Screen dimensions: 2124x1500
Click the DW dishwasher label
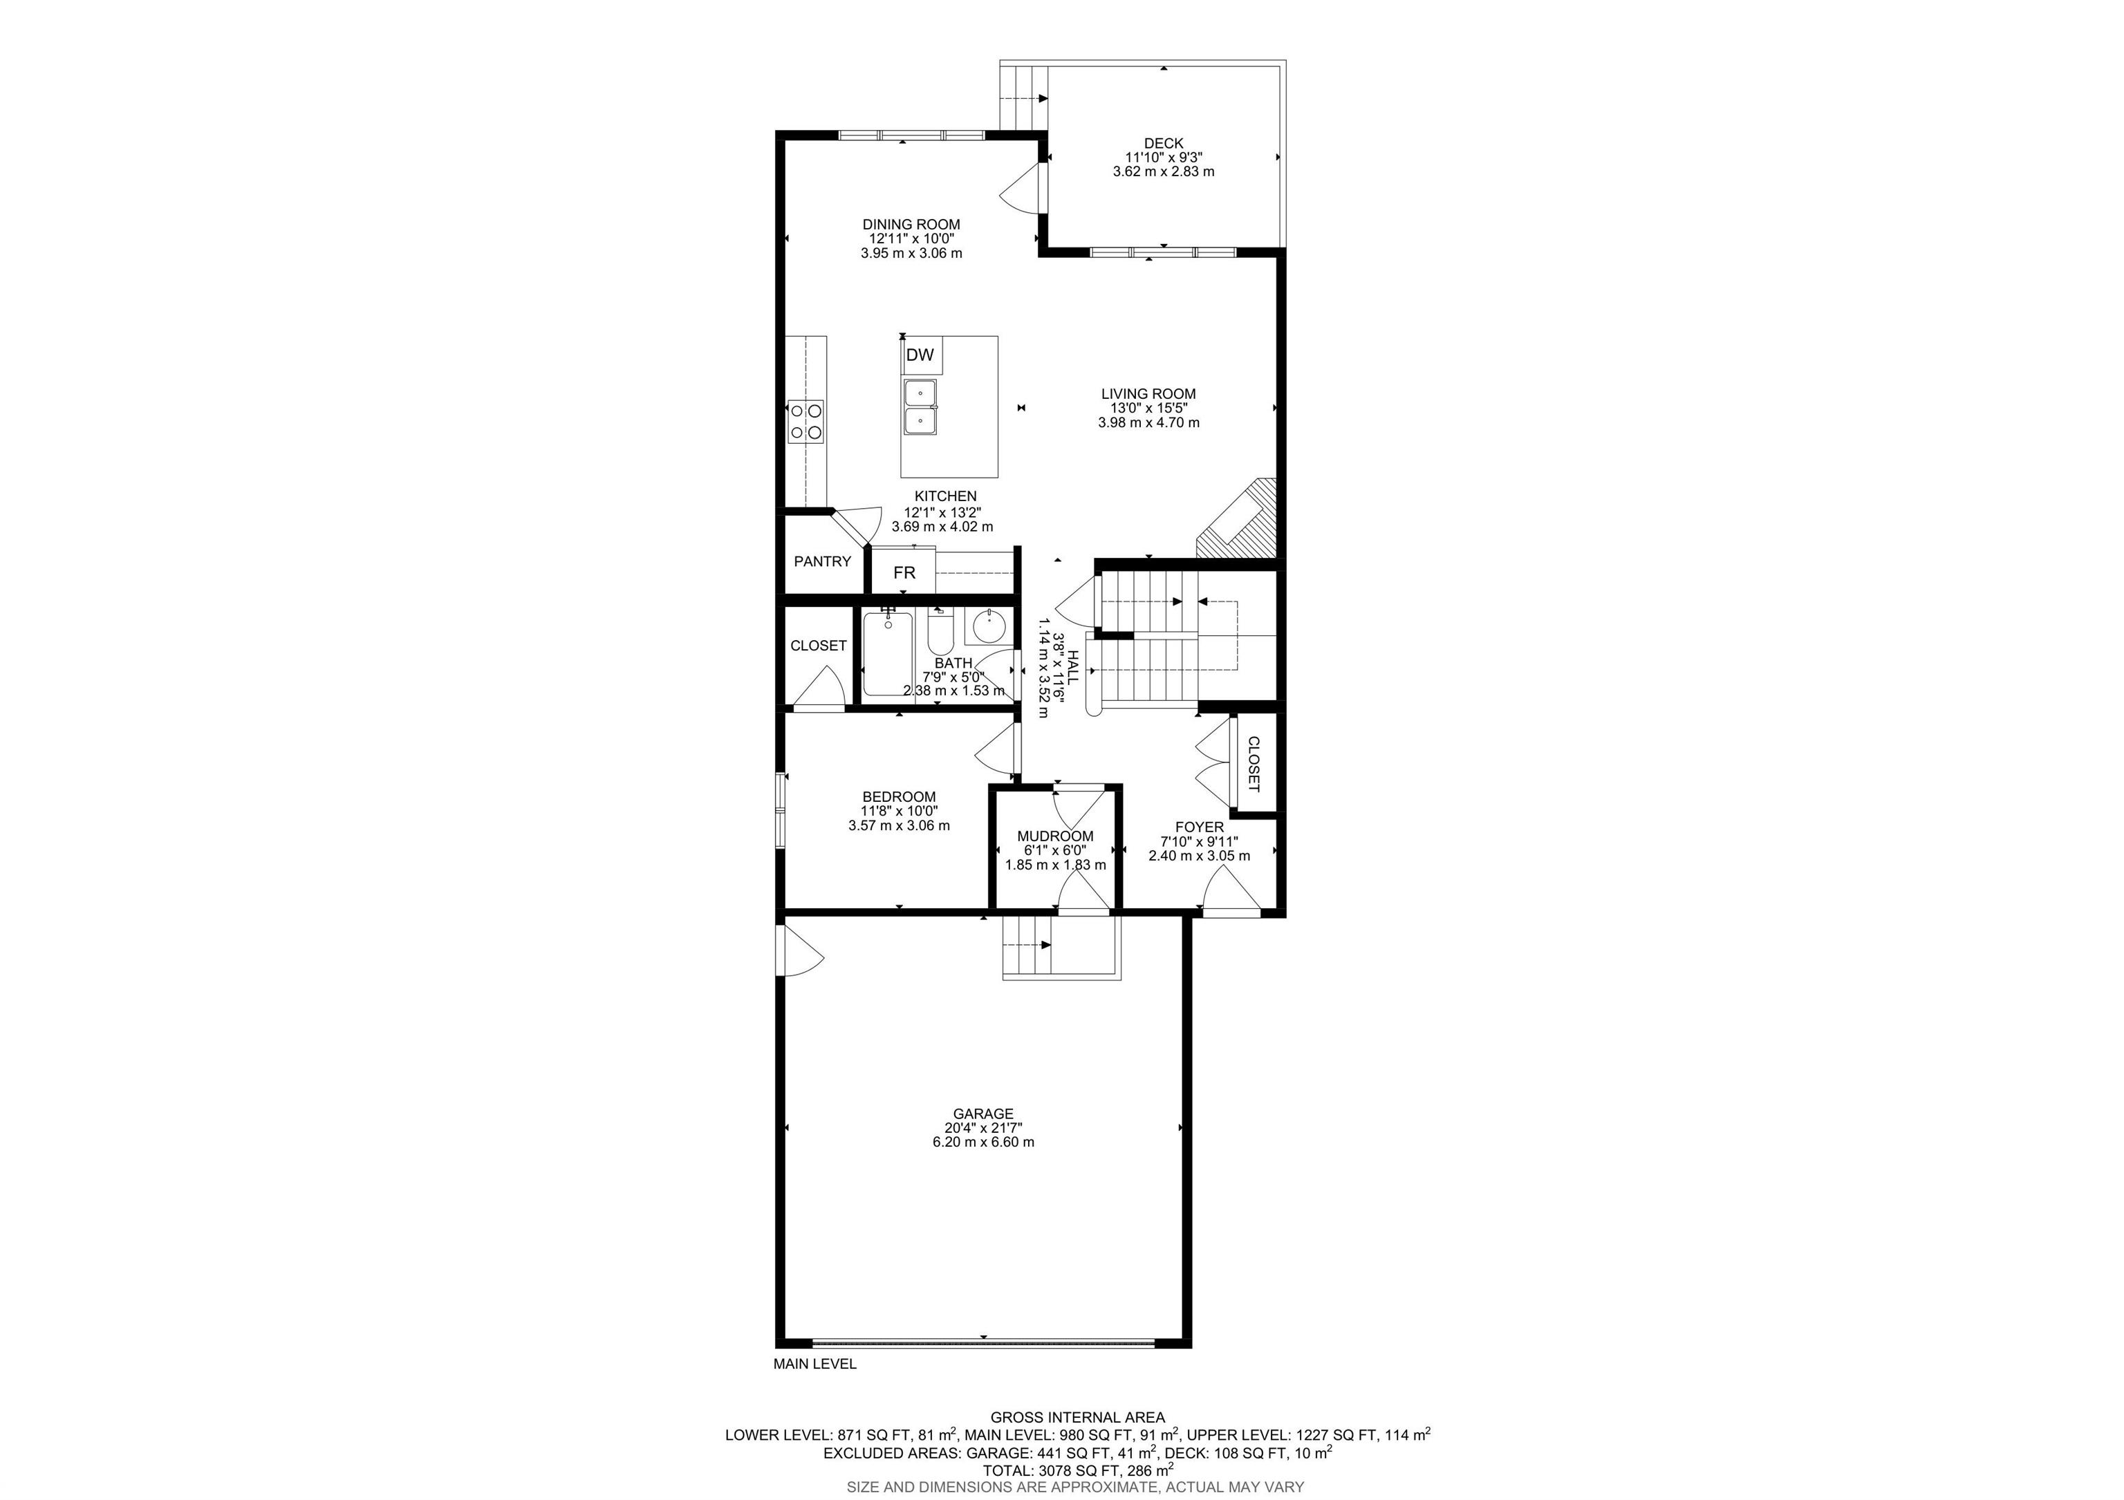(920, 355)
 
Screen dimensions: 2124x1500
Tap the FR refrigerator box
(904, 572)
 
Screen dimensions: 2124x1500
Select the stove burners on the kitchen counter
(158, 422)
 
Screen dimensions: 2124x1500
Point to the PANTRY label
(822, 561)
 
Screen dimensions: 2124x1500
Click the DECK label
(1163, 143)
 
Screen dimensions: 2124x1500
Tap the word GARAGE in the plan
(983, 1114)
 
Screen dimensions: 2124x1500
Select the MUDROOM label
(1056, 836)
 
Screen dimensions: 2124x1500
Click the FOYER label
(1199, 827)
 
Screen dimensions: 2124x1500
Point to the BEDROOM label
(898, 796)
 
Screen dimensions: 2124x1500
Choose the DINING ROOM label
(911, 224)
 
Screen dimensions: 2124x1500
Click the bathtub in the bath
(888, 654)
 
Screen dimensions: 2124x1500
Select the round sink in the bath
(988, 626)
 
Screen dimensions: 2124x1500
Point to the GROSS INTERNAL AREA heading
(1078, 1417)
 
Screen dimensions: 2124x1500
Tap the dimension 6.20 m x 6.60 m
(983, 1142)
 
